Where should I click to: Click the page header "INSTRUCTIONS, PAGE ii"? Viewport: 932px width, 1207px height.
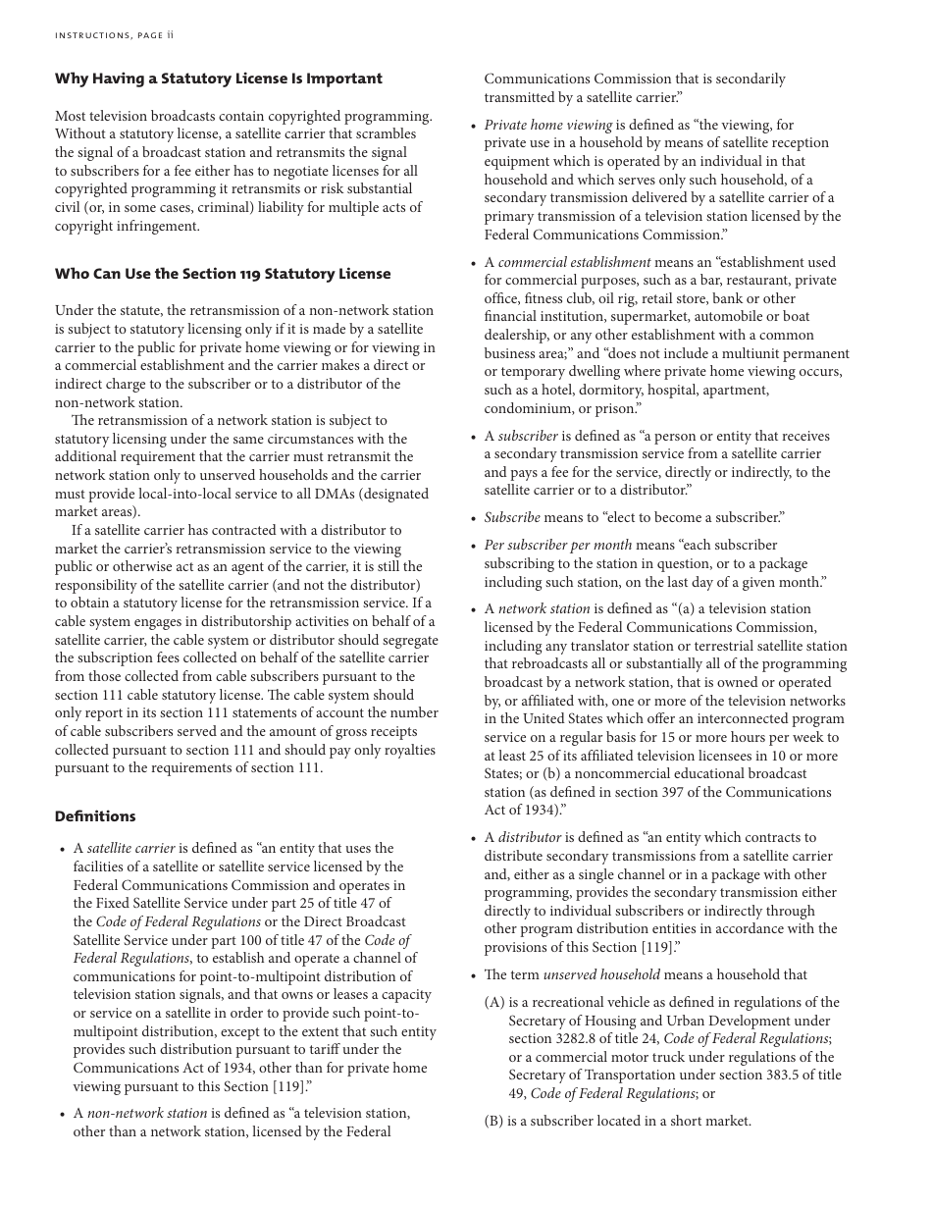pos(114,35)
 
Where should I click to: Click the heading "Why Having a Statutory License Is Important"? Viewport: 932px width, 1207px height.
pos(219,79)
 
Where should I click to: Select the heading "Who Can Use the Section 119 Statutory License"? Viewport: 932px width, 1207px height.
pos(223,274)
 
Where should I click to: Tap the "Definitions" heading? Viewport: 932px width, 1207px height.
pos(95,816)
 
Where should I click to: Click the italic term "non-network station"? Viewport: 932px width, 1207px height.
pos(147,1113)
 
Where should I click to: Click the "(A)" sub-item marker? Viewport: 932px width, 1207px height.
pos(494,1002)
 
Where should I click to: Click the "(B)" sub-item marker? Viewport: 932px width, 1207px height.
pos(494,1121)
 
